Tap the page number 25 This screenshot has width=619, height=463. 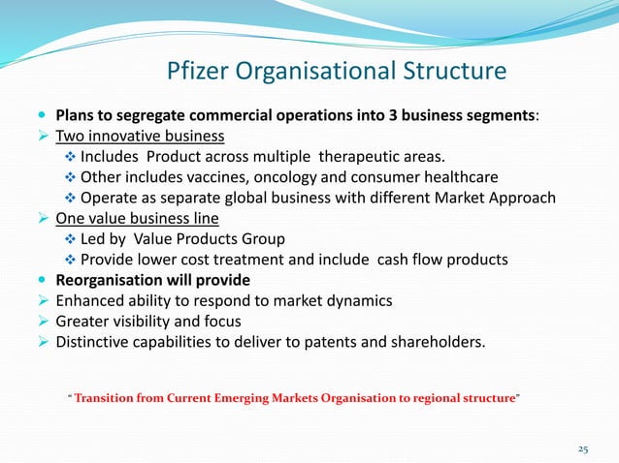point(582,448)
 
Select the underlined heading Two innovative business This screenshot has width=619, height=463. point(140,136)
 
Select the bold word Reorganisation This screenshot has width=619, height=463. point(112,280)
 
